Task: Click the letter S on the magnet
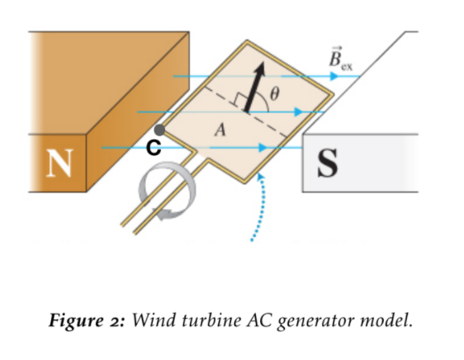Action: tap(328, 163)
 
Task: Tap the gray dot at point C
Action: tap(159, 130)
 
